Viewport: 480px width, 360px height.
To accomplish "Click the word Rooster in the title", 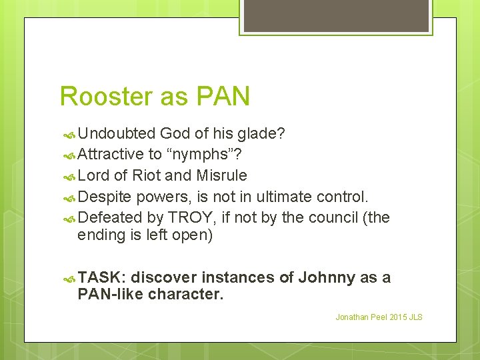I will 103,97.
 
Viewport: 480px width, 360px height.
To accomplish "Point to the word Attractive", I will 111,155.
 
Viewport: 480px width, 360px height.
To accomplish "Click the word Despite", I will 105,197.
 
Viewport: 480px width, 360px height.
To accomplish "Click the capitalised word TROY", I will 193,217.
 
